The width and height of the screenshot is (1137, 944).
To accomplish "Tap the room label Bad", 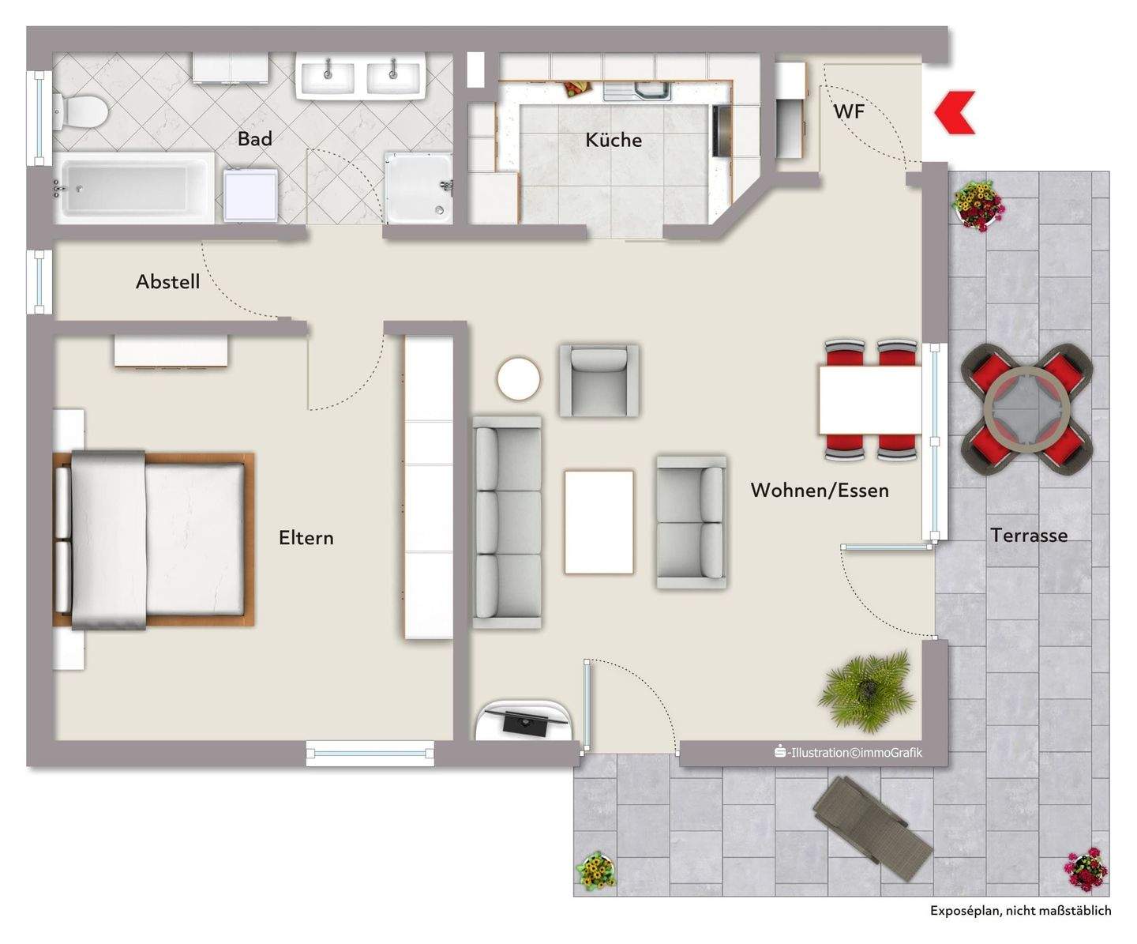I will pos(254,139).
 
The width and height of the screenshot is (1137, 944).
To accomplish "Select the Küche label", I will pos(613,141).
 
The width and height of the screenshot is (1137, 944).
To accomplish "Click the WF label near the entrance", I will pos(849,111).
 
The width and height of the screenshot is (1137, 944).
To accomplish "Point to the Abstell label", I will pos(167,282).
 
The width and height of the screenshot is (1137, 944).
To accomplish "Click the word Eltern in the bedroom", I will pos(306,538).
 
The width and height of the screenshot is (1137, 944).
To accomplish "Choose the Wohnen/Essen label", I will pos(819,491).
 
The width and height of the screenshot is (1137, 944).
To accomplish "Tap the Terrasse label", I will pos(1029,536).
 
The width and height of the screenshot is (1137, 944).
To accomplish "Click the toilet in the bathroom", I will pos(78,111).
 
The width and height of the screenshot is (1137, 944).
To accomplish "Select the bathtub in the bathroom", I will pos(133,188).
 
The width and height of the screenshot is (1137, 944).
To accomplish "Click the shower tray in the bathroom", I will pos(418,188).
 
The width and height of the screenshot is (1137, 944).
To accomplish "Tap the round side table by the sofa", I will pos(519,379).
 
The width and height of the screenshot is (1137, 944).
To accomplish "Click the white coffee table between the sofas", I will pos(599,521).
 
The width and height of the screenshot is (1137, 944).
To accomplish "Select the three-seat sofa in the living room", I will pos(507,523).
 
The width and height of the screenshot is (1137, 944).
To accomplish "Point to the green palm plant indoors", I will pos(867,690).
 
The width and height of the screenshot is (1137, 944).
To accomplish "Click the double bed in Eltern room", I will pos(154,540).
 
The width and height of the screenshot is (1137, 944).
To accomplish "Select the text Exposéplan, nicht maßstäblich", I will pos(1020,911).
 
